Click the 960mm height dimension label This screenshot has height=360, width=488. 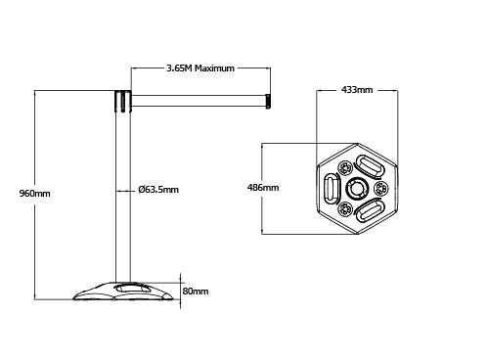pyautogui.click(x=35, y=194)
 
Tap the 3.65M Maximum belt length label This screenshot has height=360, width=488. pyautogui.click(x=200, y=68)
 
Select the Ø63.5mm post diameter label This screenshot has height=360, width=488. pyautogui.click(x=158, y=190)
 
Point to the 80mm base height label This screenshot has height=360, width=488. pyautogui.click(x=196, y=291)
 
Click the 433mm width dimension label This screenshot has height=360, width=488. pyautogui.click(x=357, y=89)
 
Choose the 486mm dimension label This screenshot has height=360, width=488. pyautogui.click(x=263, y=188)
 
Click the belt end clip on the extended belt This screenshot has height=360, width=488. pyautogui.click(x=268, y=101)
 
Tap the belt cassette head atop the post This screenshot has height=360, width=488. pyautogui.click(x=122, y=101)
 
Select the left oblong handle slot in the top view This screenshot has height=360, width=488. pyautogui.click(x=332, y=189)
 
